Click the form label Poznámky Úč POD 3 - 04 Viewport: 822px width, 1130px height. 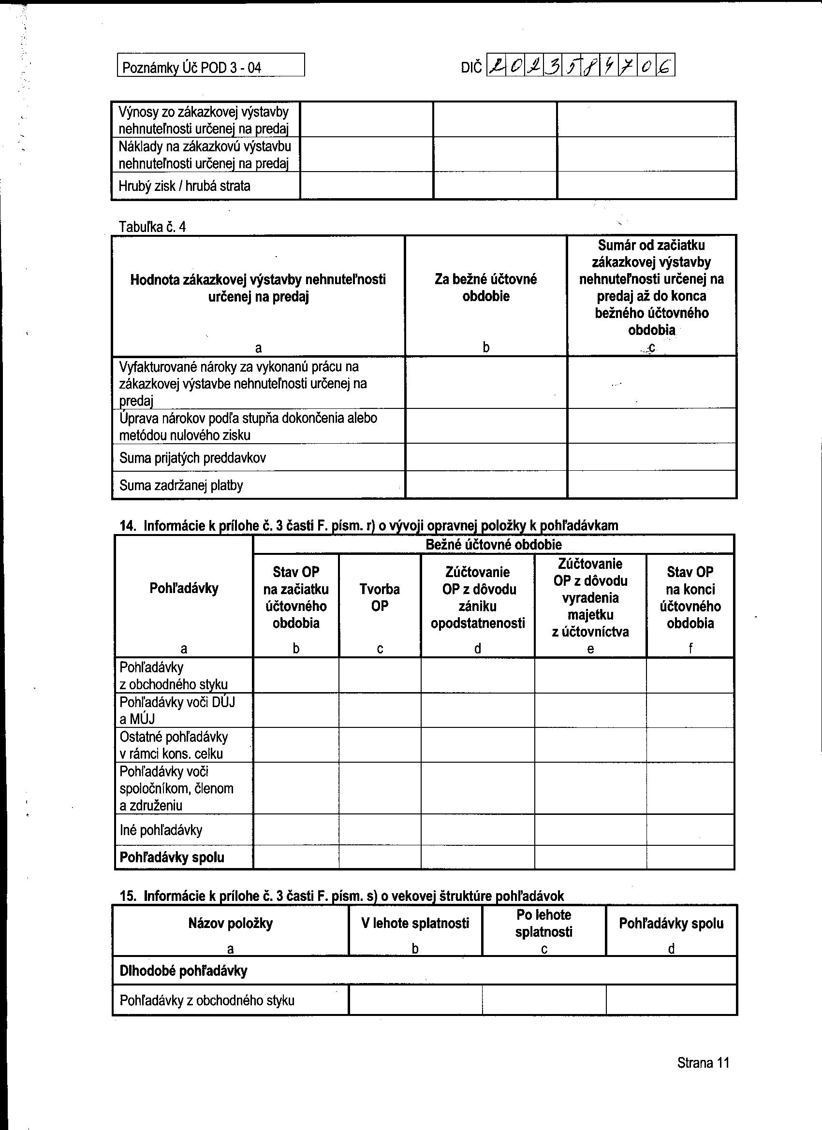tap(191, 68)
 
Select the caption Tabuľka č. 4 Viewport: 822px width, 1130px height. tap(152, 227)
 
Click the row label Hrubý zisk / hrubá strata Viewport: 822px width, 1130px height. tap(184, 187)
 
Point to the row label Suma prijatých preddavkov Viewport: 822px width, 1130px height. tap(192, 458)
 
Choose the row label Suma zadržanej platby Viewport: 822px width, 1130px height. tap(181, 485)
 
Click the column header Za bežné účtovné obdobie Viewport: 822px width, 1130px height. tap(485, 288)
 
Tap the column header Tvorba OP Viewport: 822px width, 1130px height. tap(380, 597)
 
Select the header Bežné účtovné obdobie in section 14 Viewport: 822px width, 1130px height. tap(493, 545)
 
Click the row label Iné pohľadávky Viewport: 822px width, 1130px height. tap(161, 830)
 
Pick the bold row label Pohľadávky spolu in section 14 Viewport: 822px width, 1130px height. tap(172, 857)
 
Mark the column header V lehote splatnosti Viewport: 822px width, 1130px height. tap(415, 923)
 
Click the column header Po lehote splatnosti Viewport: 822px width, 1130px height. tap(544, 923)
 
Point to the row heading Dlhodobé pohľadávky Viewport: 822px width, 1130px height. tap(183, 971)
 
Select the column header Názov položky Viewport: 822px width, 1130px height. tap(230, 923)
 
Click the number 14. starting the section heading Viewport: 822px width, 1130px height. tap(128, 526)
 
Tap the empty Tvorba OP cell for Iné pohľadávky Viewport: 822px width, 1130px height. tap(380, 830)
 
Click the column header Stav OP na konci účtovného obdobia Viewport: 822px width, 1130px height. tap(690, 597)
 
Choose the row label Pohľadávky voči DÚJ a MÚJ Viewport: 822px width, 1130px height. tap(177, 710)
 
